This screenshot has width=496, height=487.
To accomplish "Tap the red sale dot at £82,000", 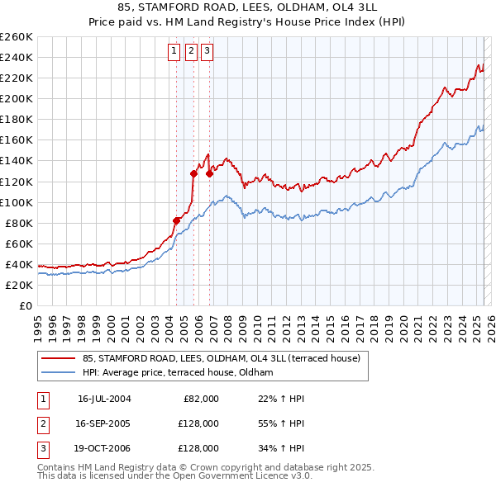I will click(x=176, y=220).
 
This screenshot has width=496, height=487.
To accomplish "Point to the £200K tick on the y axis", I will click(x=17, y=98).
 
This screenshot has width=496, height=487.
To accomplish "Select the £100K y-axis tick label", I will click(x=17, y=202).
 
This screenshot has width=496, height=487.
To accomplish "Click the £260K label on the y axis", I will click(x=17, y=36).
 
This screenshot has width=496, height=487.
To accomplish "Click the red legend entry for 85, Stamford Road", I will click(x=222, y=359).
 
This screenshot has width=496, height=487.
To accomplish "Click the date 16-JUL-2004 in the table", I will click(x=104, y=399).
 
